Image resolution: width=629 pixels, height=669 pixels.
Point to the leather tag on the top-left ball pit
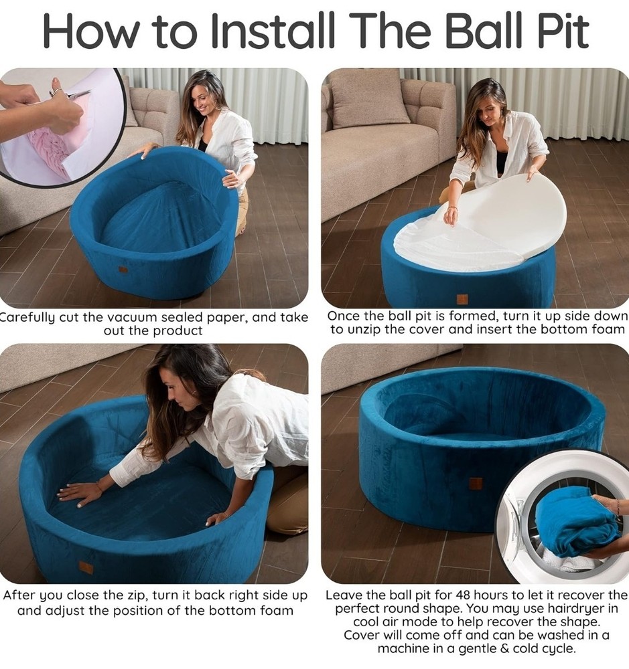(x=123, y=270)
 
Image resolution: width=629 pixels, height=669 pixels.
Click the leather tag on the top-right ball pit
(x=462, y=298)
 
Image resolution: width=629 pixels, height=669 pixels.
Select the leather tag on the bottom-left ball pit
(x=86, y=567)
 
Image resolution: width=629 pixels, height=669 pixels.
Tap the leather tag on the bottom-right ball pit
(x=476, y=483)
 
